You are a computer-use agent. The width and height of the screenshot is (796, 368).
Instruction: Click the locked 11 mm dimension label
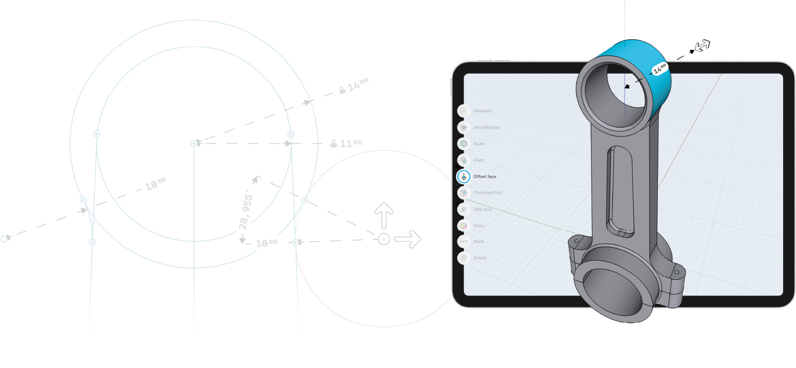(x=348, y=144)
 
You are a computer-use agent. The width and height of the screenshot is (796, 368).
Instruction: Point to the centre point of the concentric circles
(x=194, y=144)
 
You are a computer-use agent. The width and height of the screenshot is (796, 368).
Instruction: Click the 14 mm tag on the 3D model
(x=659, y=69)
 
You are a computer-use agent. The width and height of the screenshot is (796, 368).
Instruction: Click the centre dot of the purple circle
(x=384, y=239)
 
